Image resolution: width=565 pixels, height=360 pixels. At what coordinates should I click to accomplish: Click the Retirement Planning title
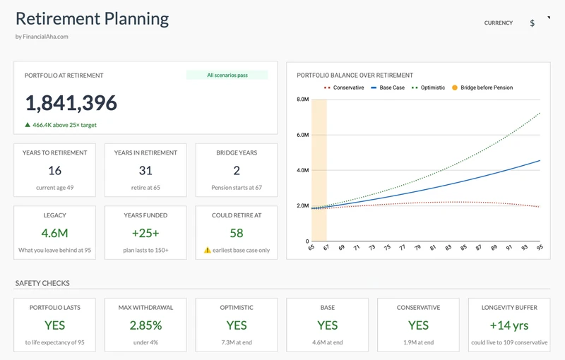[92, 19]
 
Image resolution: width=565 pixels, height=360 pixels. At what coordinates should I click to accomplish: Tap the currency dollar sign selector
[533, 23]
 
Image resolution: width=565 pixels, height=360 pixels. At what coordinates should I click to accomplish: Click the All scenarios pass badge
[227, 75]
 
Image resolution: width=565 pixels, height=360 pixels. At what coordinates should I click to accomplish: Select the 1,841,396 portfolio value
[71, 103]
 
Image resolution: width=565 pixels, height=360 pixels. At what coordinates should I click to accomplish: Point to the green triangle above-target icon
[28, 125]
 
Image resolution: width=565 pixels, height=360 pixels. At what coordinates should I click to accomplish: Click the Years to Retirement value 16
[54, 170]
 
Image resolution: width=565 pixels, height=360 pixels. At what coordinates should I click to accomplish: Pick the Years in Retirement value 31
[145, 170]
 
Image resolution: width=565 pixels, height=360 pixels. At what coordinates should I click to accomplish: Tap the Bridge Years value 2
[237, 170]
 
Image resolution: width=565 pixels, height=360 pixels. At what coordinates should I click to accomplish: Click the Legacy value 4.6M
[54, 233]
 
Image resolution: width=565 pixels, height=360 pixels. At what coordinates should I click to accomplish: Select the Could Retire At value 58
[237, 233]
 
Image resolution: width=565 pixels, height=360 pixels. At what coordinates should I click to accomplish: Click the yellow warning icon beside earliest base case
[208, 250]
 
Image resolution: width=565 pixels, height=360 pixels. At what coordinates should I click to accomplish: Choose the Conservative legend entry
[344, 88]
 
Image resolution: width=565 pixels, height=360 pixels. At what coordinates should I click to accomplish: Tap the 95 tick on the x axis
[540, 248]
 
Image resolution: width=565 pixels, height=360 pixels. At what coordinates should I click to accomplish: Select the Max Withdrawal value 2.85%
[145, 325]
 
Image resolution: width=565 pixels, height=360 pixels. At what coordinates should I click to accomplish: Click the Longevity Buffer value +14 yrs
[509, 325]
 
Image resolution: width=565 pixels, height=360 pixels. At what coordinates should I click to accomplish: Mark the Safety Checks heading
[42, 284]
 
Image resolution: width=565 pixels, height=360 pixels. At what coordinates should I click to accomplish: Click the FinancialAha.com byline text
[42, 37]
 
